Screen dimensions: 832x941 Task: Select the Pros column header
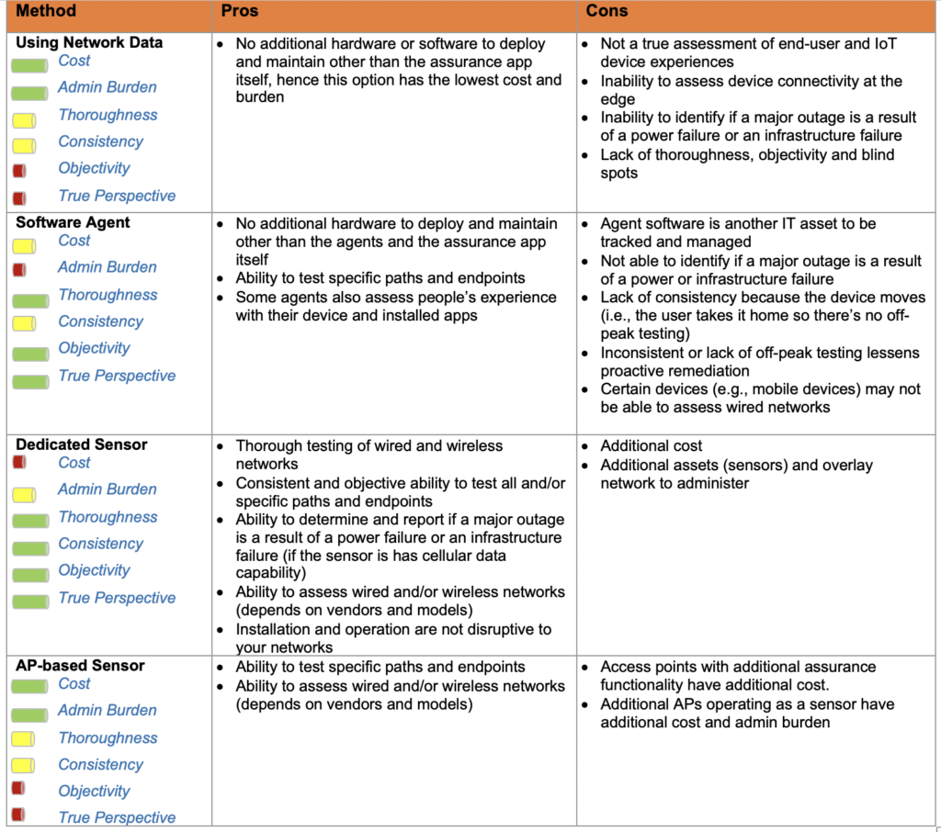click(240, 12)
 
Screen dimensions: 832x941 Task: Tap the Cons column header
click(607, 12)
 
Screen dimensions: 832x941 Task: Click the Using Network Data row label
click(89, 42)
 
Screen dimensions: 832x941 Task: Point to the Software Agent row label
click(73, 222)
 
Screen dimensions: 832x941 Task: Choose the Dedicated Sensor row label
click(82, 444)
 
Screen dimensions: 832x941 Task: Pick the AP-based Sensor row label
click(80, 666)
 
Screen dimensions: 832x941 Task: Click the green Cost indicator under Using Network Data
click(29, 66)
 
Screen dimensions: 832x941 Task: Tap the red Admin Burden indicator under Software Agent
click(19, 269)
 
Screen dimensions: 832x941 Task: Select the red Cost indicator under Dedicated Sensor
click(19, 463)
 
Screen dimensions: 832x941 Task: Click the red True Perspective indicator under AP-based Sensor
click(19, 815)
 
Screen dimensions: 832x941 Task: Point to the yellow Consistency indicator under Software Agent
click(24, 322)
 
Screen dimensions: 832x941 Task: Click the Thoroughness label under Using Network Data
click(108, 115)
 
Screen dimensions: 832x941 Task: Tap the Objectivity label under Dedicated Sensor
click(94, 570)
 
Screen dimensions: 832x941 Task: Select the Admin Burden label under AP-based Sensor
click(107, 710)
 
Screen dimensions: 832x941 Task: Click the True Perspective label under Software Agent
click(117, 376)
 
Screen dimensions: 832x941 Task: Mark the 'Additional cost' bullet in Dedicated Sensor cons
click(652, 445)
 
